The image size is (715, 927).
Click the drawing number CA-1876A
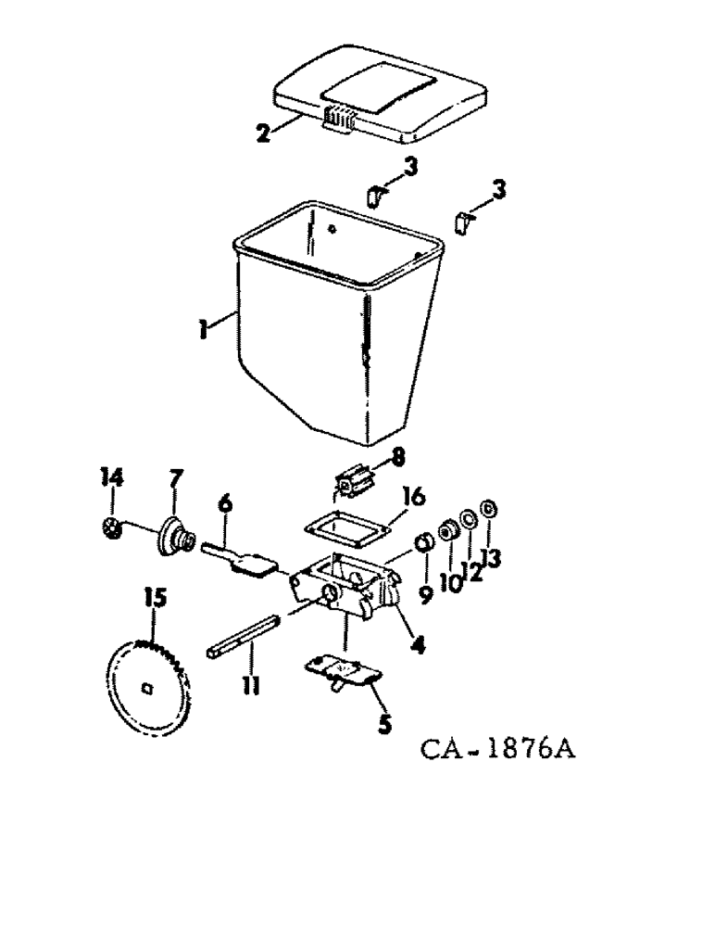(x=497, y=746)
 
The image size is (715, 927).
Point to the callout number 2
(x=265, y=133)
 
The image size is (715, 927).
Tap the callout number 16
(x=413, y=498)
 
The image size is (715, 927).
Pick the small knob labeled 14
(x=111, y=530)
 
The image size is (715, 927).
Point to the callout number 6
(x=224, y=505)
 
